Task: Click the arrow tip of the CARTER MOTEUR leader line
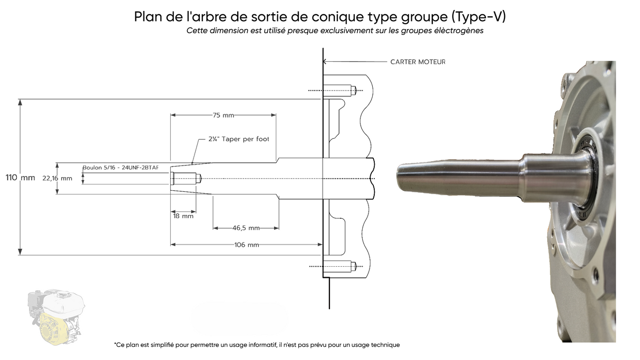[324, 61]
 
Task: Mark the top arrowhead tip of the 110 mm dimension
[20, 100]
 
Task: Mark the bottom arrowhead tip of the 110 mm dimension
[20, 255]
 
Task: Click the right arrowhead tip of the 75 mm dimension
[276, 115]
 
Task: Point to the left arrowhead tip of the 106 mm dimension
[171, 245]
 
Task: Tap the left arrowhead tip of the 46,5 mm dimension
[213, 228]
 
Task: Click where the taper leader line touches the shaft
[192, 164]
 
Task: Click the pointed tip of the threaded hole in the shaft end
[202, 179]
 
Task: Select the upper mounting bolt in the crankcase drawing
[340, 90]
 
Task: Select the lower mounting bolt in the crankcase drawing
[340, 266]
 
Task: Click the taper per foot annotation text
[239, 139]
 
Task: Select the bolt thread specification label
[120, 168]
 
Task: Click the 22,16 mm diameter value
[57, 178]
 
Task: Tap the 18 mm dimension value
[183, 216]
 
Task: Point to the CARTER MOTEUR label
[418, 62]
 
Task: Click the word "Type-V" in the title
[479, 16]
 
